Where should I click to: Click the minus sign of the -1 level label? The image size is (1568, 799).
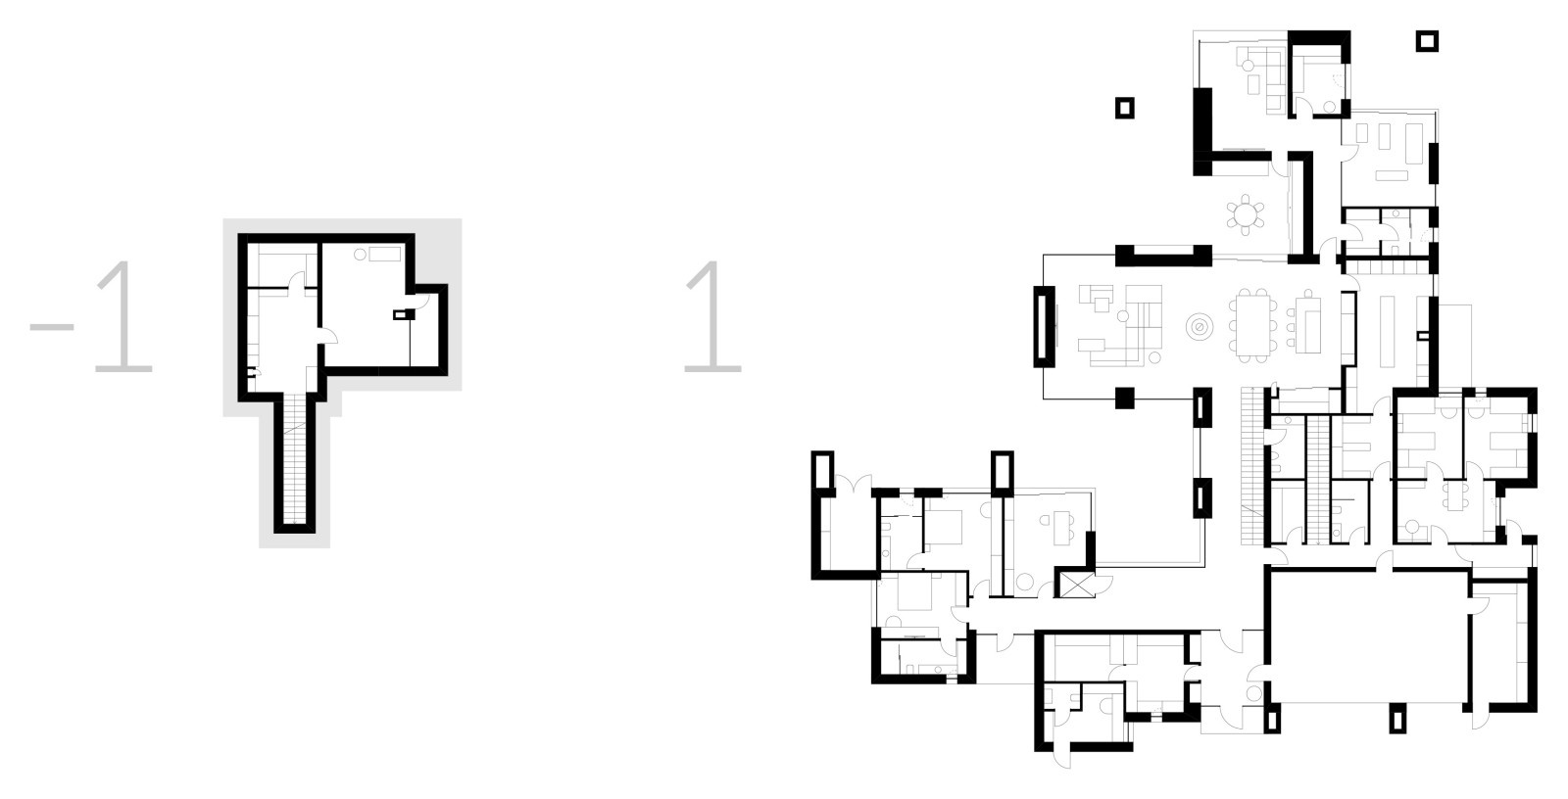(x=52, y=326)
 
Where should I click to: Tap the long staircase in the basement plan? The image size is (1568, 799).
(x=295, y=459)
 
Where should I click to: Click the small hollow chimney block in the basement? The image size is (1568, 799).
(x=403, y=315)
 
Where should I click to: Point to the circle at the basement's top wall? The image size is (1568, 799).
(x=360, y=255)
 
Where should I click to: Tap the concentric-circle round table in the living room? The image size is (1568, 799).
(x=1200, y=327)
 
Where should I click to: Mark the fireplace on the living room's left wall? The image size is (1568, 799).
(x=1045, y=327)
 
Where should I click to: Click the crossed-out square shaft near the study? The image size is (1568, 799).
(x=1077, y=584)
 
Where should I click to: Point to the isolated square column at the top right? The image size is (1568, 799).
(x=1427, y=41)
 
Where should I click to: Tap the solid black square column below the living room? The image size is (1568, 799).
(x=1124, y=398)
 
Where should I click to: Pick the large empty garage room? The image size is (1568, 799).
(x=1368, y=637)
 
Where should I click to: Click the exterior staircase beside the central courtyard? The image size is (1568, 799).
(x=1251, y=466)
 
